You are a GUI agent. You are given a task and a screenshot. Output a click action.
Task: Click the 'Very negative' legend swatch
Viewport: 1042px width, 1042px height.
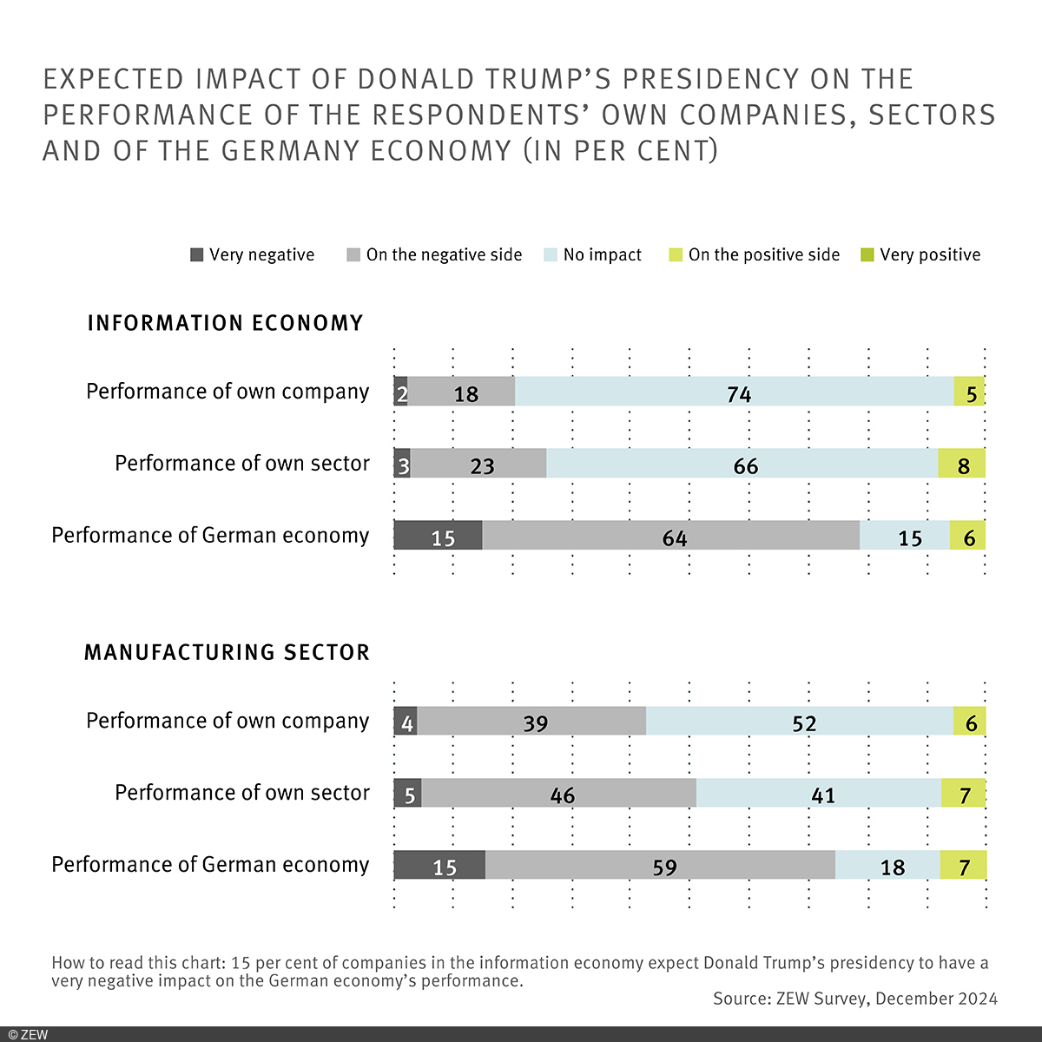coord(197,255)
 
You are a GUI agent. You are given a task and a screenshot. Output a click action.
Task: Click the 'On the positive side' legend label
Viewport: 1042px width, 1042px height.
coord(763,255)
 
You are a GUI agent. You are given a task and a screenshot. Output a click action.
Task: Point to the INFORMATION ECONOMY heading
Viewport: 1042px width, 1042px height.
coord(225,323)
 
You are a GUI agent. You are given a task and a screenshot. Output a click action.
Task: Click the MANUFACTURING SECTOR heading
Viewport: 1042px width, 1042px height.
coord(227,652)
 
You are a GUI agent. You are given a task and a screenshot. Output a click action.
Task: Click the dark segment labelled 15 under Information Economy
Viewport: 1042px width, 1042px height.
coord(439,536)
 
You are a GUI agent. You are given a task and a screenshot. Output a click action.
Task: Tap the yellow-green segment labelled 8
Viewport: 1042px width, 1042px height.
coord(961,464)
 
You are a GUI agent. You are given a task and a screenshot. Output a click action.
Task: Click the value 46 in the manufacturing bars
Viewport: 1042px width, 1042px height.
coord(563,795)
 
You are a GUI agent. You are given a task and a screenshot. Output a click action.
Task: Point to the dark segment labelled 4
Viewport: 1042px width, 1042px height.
coord(406,721)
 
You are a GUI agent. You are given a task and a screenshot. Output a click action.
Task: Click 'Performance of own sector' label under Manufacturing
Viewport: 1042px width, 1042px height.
coord(241,793)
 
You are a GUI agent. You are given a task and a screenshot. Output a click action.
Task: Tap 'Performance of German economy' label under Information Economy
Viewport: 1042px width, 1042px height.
coord(210,535)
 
